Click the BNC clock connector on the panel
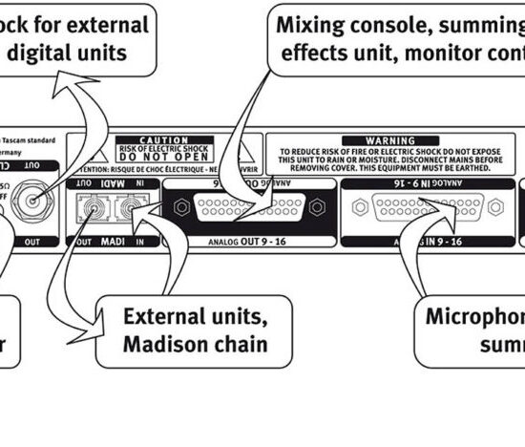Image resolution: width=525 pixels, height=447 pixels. tap(36, 201)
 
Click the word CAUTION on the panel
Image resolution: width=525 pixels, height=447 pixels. tap(184, 139)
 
